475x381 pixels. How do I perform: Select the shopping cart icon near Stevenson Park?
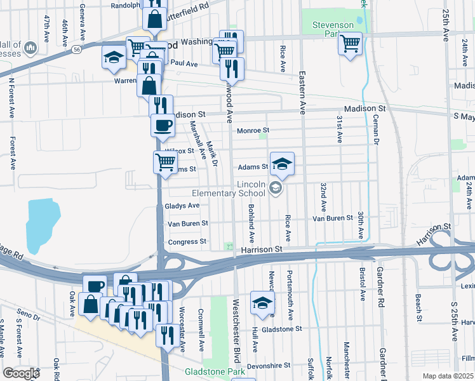350,44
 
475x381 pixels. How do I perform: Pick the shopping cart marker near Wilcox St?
165,163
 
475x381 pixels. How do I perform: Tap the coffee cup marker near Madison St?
163,124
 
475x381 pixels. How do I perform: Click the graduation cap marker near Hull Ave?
262,304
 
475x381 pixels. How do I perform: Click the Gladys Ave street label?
182,206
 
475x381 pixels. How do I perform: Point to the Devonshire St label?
269,366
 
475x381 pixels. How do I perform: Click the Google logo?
21,373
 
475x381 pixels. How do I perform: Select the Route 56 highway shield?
76,48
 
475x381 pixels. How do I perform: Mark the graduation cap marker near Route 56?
114,58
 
